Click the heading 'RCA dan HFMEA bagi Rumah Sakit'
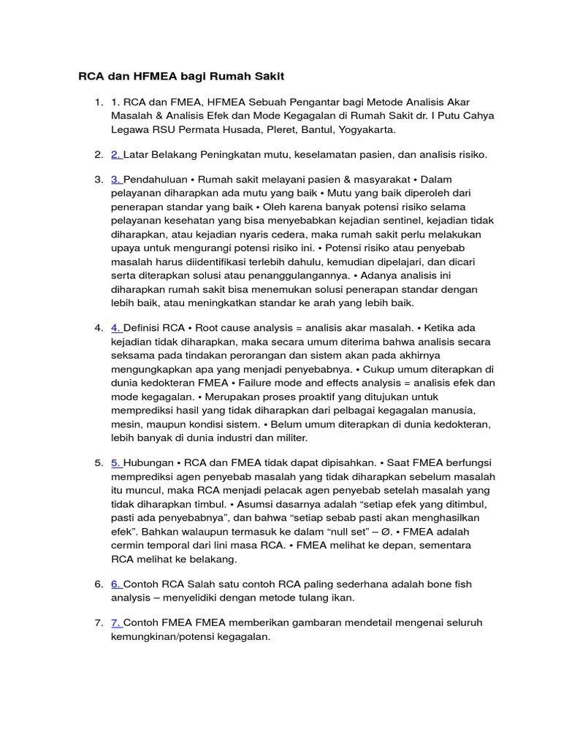[182, 77]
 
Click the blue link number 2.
[115, 154]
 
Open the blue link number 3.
[115, 179]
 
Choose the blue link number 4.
[115, 328]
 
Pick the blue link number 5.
[115, 464]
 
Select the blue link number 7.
[115, 623]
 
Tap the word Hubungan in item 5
[148, 464]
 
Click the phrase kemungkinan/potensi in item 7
[174, 636]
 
